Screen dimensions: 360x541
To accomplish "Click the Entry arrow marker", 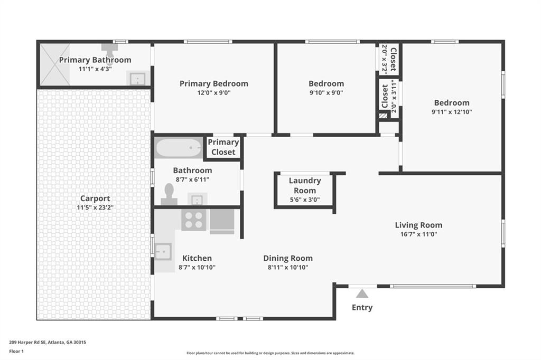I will coord(362,294).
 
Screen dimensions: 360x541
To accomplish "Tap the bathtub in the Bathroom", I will coord(179,148).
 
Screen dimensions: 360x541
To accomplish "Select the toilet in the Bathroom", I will coord(170,194).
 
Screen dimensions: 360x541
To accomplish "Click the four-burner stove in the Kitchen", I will coord(194,220).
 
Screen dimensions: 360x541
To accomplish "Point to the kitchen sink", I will coord(163,252).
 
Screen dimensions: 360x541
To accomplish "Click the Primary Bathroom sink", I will coord(137,79).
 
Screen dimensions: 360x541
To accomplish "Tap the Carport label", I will coord(95,199).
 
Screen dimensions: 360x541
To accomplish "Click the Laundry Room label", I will coord(305,185).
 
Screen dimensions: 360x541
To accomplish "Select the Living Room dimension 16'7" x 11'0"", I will coord(418,234).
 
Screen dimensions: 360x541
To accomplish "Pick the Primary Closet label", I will coord(223,147).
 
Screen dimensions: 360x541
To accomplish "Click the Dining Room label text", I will coord(288,258).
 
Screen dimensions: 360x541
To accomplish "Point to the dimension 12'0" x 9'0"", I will coord(213,92).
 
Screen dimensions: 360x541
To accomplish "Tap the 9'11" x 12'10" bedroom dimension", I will coord(452,112).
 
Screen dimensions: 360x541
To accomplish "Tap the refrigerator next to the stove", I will coord(222,221).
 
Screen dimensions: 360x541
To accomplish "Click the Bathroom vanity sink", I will coord(197,200).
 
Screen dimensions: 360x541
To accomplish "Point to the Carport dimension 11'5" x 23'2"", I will coord(95,207).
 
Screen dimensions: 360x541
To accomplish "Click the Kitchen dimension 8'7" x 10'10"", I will coord(197,267).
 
